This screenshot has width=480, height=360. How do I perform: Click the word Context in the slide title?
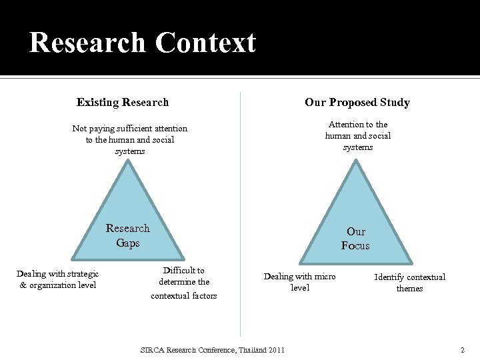(x=205, y=43)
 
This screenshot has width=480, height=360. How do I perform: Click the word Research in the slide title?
(x=87, y=43)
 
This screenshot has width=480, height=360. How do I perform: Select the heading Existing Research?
(x=123, y=102)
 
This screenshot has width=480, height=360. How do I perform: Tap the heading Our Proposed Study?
(x=357, y=102)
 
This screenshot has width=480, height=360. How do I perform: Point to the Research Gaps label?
(x=128, y=235)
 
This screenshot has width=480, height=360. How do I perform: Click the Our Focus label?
(x=355, y=239)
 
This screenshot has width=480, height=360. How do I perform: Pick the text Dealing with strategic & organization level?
(x=57, y=279)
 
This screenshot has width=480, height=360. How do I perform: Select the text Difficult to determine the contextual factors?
(x=184, y=283)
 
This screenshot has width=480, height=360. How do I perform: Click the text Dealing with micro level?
(x=300, y=281)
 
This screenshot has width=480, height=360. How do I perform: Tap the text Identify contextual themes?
(x=409, y=283)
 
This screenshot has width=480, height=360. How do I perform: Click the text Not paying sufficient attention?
(x=130, y=128)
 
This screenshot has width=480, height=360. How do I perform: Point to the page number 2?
(x=462, y=350)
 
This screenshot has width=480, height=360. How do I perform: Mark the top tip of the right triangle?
(x=358, y=161)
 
